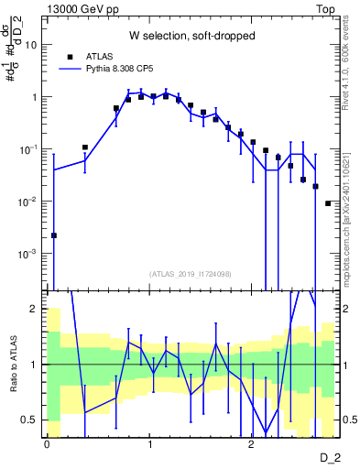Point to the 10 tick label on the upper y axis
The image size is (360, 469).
(x=31, y=44)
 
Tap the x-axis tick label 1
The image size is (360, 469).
(x=149, y=442)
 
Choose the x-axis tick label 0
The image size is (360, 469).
(x=47, y=442)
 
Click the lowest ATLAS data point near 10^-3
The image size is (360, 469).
(x=54, y=235)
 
